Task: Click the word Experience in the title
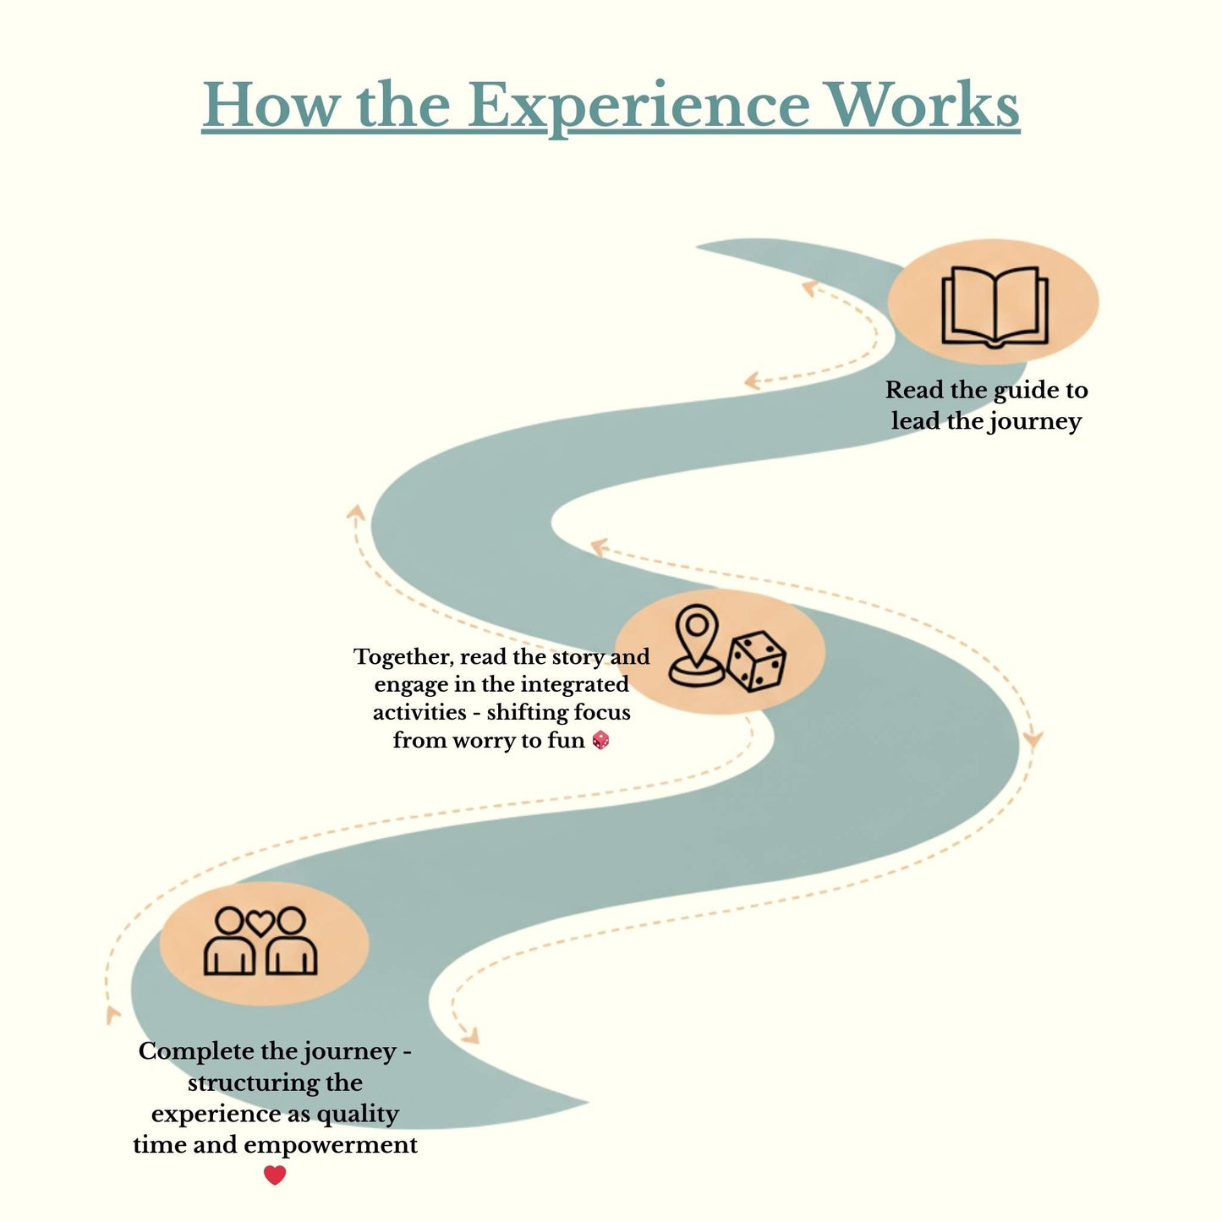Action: tap(638, 106)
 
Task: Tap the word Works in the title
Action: tap(923, 106)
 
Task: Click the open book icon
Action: tap(995, 306)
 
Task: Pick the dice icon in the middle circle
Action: tap(757, 661)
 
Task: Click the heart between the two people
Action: tap(260, 922)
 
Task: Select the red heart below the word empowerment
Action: tap(275, 1175)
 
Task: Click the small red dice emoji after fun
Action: tap(600, 741)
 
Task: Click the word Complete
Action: tap(195, 1051)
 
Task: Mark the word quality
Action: tap(357, 1115)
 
